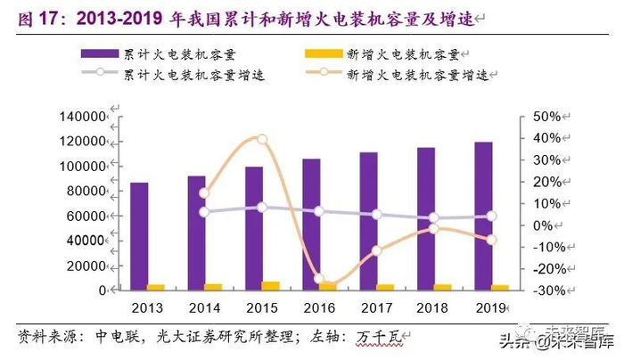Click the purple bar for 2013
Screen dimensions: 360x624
pyautogui.click(x=139, y=236)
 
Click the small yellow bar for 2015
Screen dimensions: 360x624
pyautogui.click(x=270, y=285)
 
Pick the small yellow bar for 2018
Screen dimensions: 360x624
pyautogui.click(x=443, y=286)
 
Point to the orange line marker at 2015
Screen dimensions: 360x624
pyautogui.click(x=262, y=139)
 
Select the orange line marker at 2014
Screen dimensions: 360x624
pyautogui.click(x=204, y=193)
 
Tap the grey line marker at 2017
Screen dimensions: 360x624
pyautogui.click(x=377, y=215)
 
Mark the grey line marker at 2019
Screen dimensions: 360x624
pyautogui.click(x=492, y=217)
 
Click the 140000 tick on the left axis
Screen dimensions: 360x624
pyautogui.click(x=86, y=117)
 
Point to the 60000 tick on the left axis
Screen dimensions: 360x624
pyautogui.click(x=89, y=217)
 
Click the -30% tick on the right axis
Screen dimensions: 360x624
pyautogui.click(x=542, y=290)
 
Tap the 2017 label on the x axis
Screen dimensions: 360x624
pyautogui.click(x=377, y=308)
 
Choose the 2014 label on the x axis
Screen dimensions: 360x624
pyautogui.click(x=204, y=308)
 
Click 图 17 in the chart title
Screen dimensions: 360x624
pyautogui.click(x=32, y=17)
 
